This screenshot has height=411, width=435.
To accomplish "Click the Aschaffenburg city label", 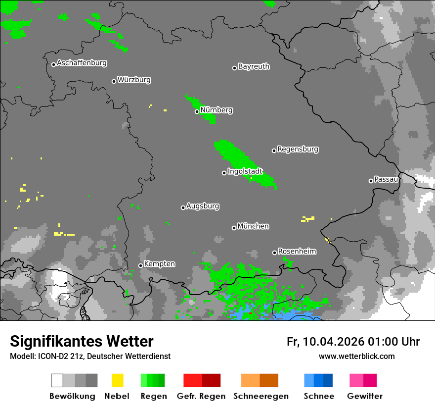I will tap(82, 63).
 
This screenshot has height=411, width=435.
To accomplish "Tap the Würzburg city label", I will tap(134, 80).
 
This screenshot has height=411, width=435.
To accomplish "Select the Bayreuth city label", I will tap(254, 66).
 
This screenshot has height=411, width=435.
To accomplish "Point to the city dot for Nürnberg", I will tap(197, 111).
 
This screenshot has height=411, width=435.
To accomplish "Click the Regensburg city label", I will tap(298, 149).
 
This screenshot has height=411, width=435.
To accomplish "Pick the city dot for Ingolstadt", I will tap(224, 173).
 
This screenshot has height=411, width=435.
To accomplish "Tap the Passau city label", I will tap(386, 179).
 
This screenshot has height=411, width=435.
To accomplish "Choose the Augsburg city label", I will tap(203, 206).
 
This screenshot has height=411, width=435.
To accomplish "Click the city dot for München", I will tap(234, 228).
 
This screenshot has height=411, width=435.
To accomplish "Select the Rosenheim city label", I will tap(297, 252).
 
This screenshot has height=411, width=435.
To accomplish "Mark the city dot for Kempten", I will tap(140, 265).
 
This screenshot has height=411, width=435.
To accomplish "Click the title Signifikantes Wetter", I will tap(82, 342).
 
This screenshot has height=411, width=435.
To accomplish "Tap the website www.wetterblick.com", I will tap(356, 357).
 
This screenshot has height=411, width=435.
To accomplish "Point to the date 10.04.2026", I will tap(334, 342).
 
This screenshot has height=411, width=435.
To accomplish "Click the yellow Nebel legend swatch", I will tap(117, 380).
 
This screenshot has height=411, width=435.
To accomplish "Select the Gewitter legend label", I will tap(364, 396).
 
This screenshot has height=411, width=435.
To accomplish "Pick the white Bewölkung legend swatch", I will tap(57, 380).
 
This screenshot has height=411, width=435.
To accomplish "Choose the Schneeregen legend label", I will tap(260, 396).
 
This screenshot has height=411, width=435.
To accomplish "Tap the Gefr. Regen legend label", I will tap(201, 396).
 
